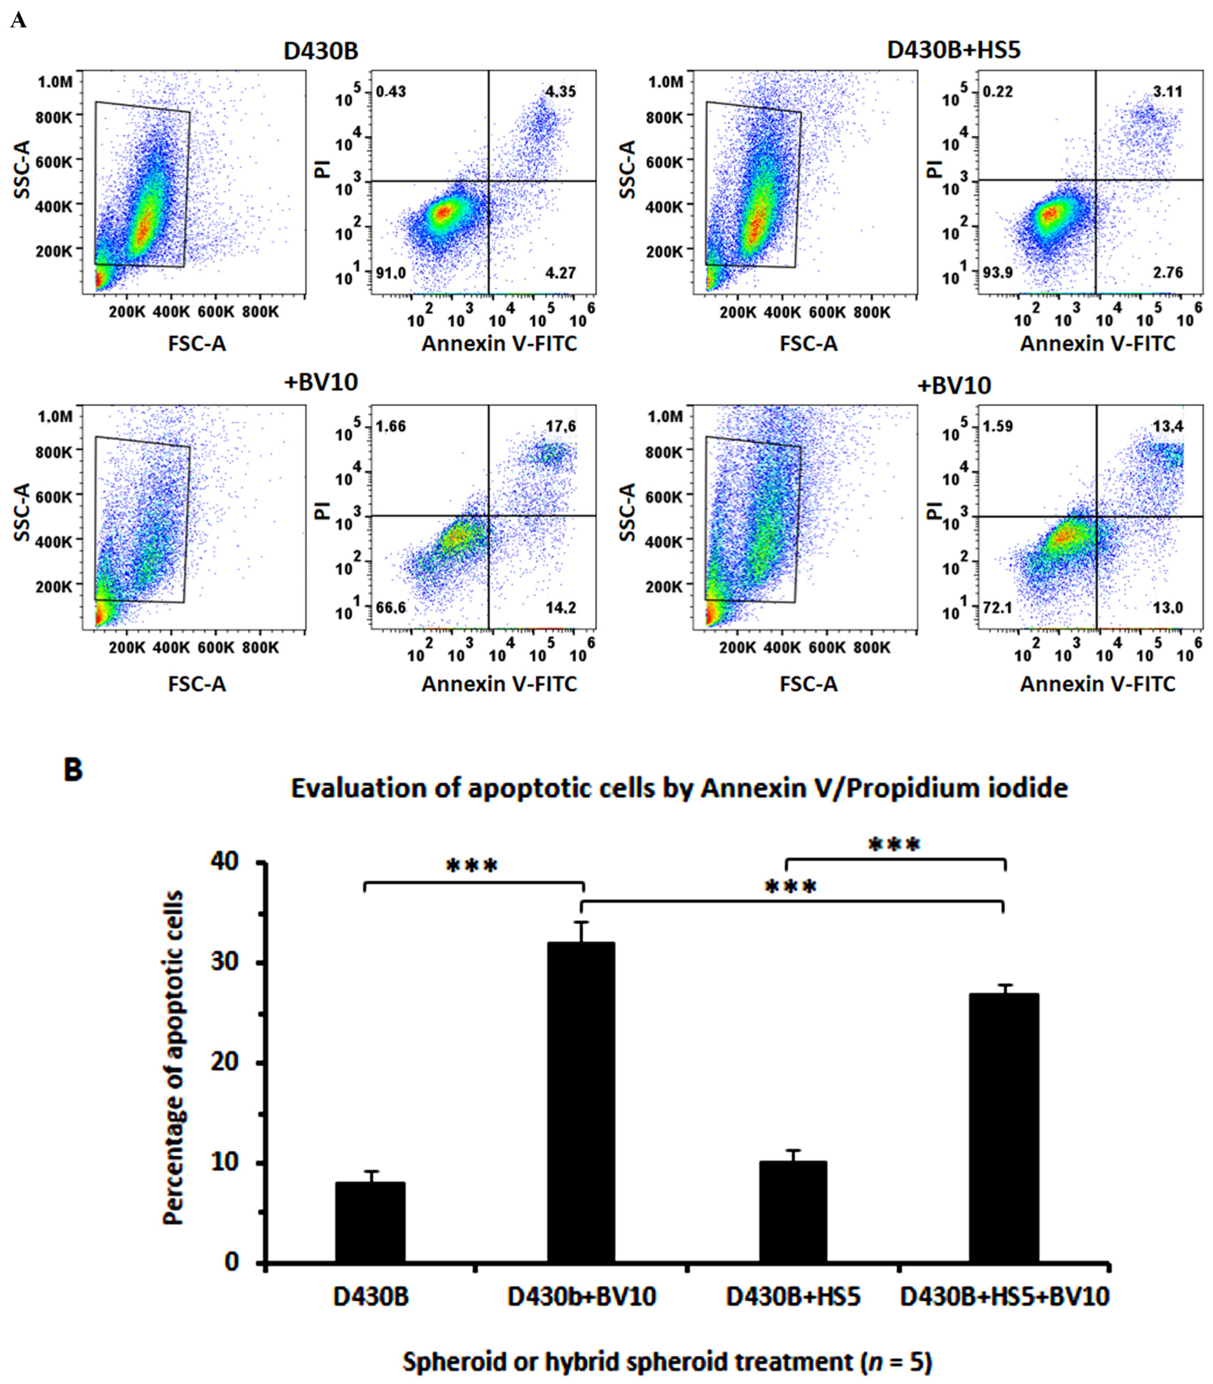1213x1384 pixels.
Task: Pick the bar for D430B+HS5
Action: point(793,1211)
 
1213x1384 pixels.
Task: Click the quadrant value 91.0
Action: point(391,273)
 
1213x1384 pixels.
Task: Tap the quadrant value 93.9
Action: point(998,273)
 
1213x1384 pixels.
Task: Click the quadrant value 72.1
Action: point(998,608)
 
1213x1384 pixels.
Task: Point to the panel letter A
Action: point(18,20)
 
